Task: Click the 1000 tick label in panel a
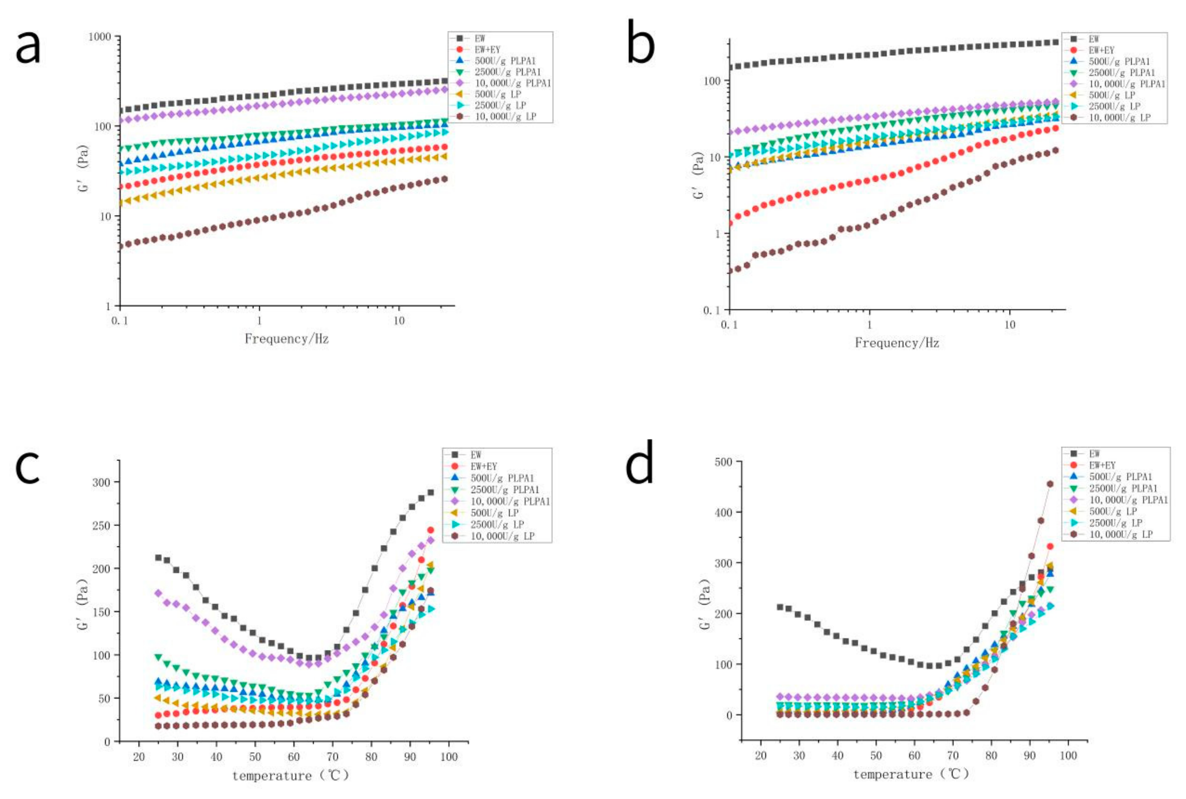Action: click(x=99, y=37)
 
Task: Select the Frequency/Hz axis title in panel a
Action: click(x=286, y=339)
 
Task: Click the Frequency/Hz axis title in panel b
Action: click(x=897, y=342)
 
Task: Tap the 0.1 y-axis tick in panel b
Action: click(x=711, y=310)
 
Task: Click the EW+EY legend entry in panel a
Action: click(x=487, y=49)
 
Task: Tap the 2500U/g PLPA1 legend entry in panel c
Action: click(x=504, y=490)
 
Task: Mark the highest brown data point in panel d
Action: click(x=1050, y=484)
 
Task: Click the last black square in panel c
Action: click(x=431, y=493)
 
